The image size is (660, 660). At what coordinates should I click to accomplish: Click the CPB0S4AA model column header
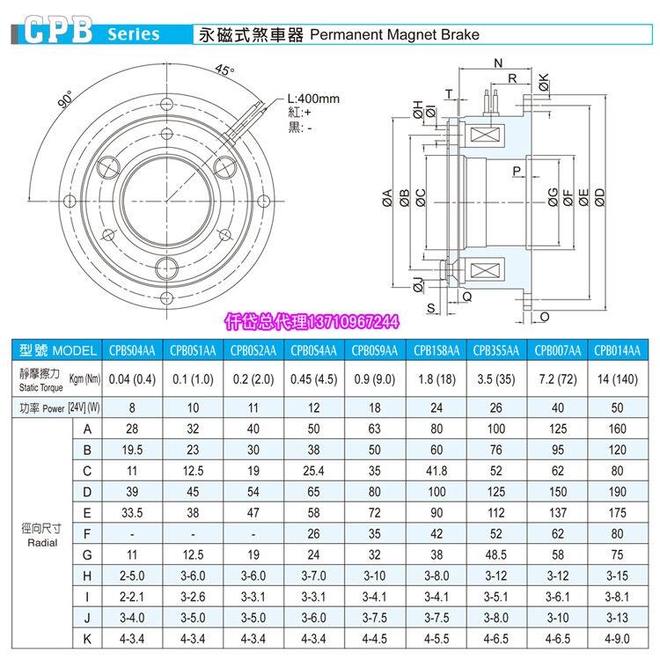point(314,350)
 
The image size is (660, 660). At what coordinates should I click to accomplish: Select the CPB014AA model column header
point(619,350)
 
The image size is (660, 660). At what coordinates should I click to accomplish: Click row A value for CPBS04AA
point(131,429)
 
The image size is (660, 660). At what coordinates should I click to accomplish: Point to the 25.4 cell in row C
point(314,472)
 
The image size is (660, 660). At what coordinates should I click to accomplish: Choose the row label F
point(86,535)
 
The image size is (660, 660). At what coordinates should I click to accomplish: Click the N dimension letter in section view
point(498,63)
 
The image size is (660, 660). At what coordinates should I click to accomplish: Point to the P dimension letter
point(517,170)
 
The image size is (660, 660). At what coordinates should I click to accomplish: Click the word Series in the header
point(133,33)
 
